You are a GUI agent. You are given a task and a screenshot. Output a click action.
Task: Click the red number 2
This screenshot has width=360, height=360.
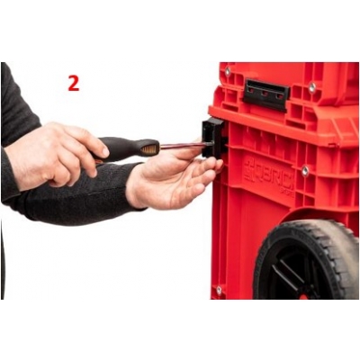74,83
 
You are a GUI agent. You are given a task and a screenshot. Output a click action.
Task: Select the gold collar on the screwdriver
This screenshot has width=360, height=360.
154,148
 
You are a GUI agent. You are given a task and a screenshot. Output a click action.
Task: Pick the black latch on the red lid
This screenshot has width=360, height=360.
265,93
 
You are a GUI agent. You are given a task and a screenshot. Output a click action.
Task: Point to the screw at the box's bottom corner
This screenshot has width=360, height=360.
219,290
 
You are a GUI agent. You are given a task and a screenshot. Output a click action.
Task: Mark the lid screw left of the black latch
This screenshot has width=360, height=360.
228,71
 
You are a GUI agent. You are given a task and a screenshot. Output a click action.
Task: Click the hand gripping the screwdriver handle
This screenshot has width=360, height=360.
54,153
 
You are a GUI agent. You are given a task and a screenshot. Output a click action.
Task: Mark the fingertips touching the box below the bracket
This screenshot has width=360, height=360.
213,165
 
